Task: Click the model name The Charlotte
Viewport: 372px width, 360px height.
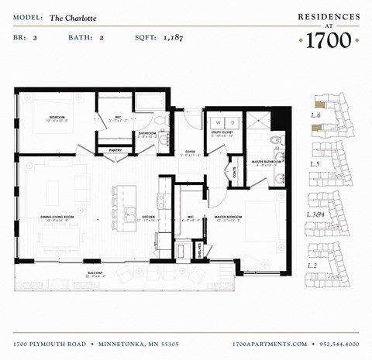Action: [69, 15]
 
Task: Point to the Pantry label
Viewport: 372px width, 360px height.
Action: [115, 150]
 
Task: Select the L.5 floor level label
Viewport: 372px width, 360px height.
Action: [314, 164]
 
